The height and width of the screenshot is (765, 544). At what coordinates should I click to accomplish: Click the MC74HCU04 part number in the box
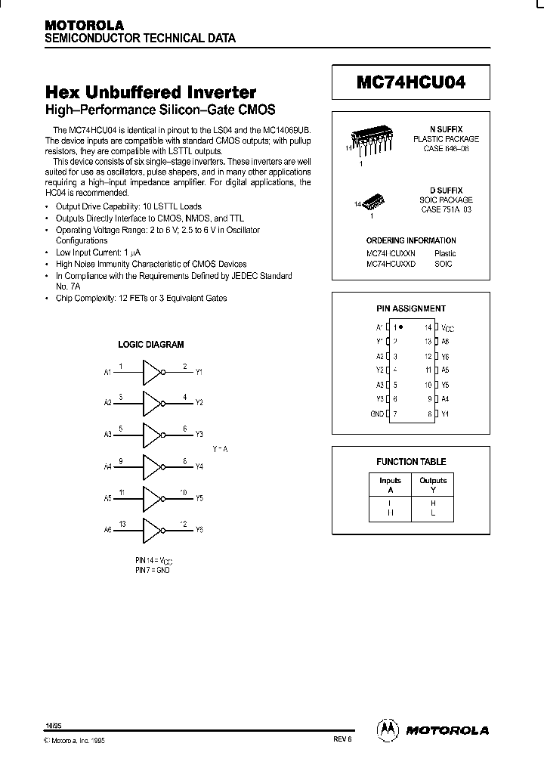[x=411, y=84]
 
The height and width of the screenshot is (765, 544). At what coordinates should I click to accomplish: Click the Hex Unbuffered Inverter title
[x=151, y=92]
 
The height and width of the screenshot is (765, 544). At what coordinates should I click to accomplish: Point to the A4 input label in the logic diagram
[x=107, y=467]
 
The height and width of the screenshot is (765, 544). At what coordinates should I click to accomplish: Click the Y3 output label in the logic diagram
[x=199, y=435]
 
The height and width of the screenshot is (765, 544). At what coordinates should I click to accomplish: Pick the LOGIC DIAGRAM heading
[x=151, y=345]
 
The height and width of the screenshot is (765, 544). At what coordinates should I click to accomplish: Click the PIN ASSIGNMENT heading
[x=411, y=308]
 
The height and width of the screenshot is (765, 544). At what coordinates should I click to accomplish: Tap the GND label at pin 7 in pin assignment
[x=377, y=414]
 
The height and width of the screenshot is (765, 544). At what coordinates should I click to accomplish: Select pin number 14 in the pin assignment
[x=428, y=328]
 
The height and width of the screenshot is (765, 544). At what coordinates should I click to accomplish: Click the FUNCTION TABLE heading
[x=411, y=461]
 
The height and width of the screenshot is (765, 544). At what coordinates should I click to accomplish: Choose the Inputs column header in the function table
[x=391, y=481]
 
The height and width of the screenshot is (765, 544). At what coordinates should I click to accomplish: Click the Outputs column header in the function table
[x=433, y=481]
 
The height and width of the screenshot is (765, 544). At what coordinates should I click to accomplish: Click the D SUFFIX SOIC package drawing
[x=373, y=202]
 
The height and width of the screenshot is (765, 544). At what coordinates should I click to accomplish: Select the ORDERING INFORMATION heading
[x=411, y=240]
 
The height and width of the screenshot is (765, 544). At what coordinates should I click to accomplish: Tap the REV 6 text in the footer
[x=342, y=740]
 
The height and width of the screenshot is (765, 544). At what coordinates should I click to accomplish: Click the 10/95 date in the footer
[x=53, y=725]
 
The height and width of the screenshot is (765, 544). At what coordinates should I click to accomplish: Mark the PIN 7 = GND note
[x=153, y=570]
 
